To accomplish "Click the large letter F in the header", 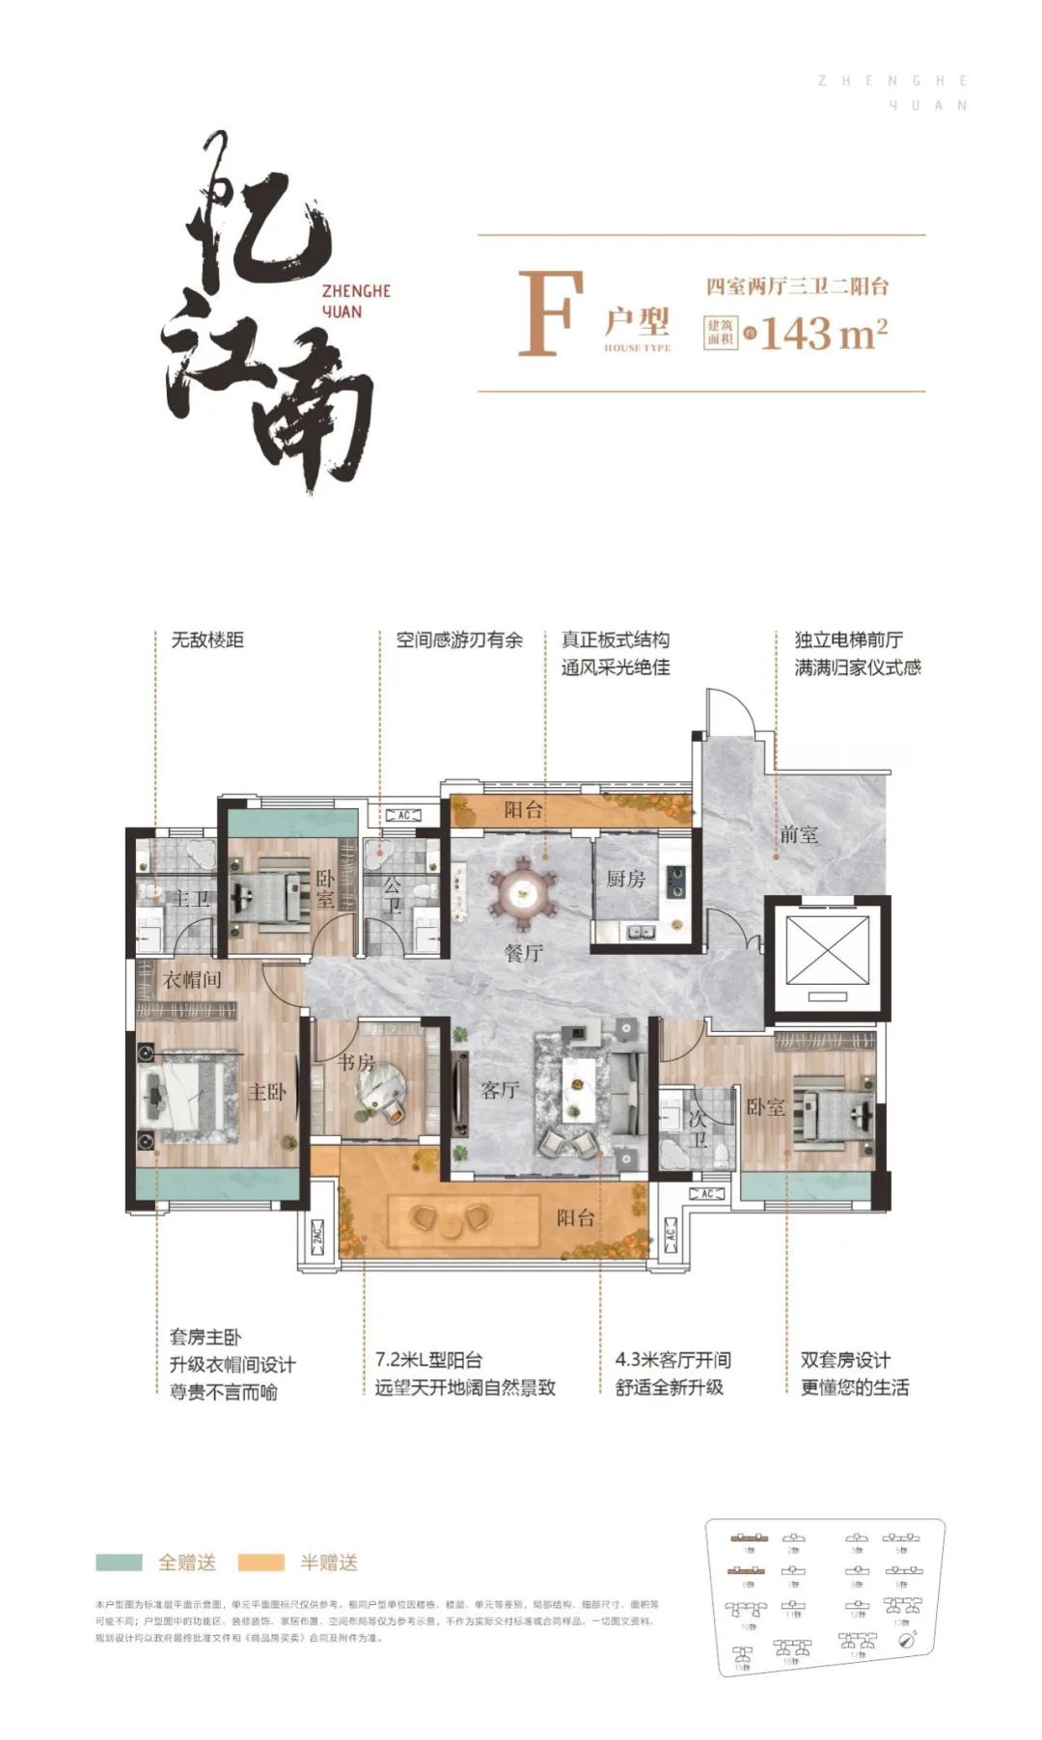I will point(551,314).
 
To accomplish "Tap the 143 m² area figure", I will point(823,334).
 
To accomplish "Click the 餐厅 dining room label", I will point(523,953).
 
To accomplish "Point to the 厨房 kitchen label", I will point(625,879).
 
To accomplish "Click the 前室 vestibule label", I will point(799,835).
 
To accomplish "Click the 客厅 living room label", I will point(500,1091).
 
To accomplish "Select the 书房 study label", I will point(356,1063).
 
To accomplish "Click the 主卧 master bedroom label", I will point(266,1092).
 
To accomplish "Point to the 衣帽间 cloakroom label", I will point(192,980).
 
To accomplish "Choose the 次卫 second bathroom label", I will point(698,1128).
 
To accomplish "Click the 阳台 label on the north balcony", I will point(523,809).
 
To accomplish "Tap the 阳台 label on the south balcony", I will point(575,1218).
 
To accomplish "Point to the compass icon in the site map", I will point(906,1639).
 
